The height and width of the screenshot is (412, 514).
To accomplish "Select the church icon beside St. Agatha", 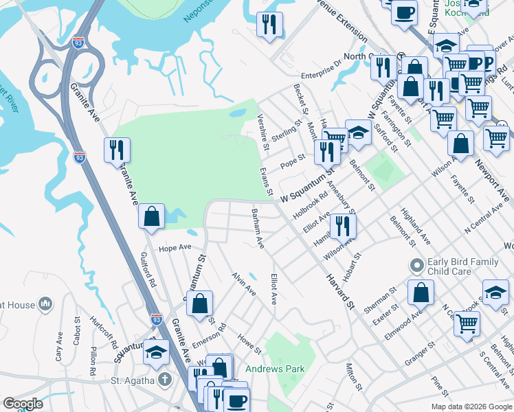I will pyautogui.click(x=164, y=380).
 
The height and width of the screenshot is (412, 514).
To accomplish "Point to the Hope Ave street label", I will pyautogui.click(x=175, y=248).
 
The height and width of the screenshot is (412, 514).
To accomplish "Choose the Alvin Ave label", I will pyautogui.click(x=243, y=283).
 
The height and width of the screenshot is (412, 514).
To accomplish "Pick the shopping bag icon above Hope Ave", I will pyautogui.click(x=152, y=216).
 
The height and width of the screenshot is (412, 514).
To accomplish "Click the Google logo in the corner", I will pyautogui.click(x=23, y=404).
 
